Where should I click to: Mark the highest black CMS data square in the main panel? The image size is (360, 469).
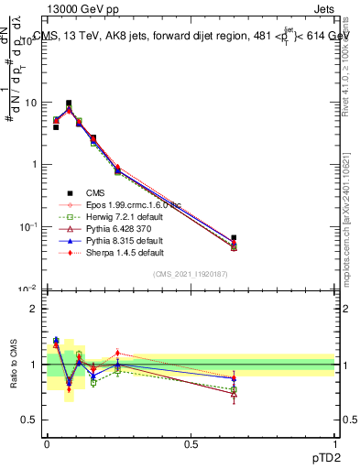point(69,104)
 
